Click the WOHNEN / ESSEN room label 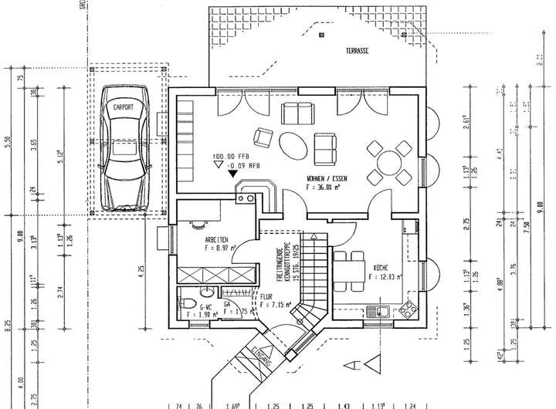pos(327,177)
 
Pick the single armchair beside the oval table pos(263,139)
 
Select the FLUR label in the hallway pos(266,296)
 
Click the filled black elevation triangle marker pos(232,173)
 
